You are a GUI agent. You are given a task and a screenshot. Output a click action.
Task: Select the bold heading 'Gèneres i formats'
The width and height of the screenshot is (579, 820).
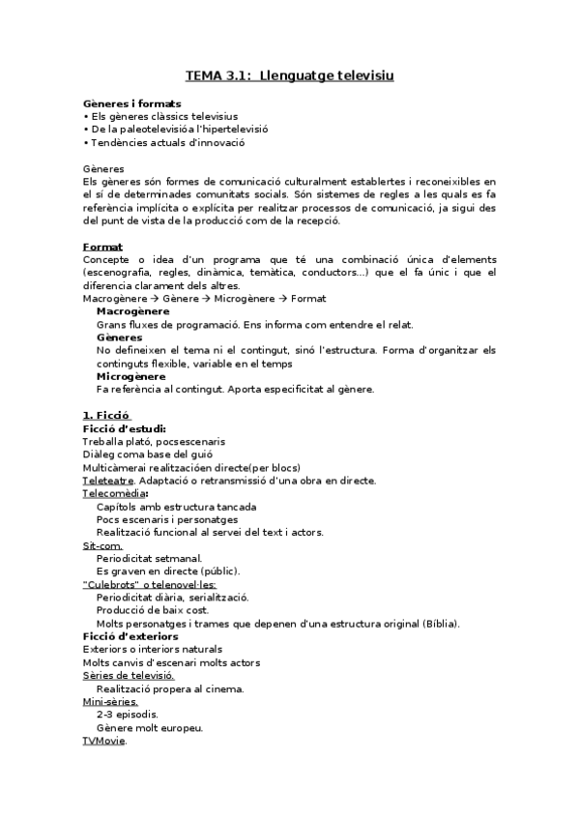pyautogui.click(x=130, y=102)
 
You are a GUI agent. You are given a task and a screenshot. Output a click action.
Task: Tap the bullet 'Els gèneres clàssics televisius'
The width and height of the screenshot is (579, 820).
pyautogui.click(x=147, y=116)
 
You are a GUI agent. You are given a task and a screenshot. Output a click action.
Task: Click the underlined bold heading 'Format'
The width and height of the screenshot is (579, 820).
pyautogui.click(x=102, y=247)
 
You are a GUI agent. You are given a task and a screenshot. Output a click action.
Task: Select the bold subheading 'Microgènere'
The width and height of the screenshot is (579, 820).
pyautogui.click(x=130, y=376)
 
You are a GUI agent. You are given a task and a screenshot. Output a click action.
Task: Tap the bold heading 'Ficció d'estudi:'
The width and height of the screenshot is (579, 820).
pyautogui.click(x=125, y=428)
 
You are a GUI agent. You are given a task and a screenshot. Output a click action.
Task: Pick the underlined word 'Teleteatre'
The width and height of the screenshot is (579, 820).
pyautogui.click(x=108, y=481)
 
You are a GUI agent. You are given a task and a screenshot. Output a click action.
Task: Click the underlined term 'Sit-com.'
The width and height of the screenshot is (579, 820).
pyautogui.click(x=102, y=545)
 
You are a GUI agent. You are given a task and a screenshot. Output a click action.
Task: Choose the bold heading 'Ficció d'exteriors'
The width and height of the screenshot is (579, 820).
pyautogui.click(x=130, y=636)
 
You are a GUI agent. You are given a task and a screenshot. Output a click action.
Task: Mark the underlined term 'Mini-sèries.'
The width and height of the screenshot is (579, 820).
pyautogui.click(x=110, y=702)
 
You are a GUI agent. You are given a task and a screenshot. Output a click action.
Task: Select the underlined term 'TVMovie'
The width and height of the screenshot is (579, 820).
pyautogui.click(x=104, y=741)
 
